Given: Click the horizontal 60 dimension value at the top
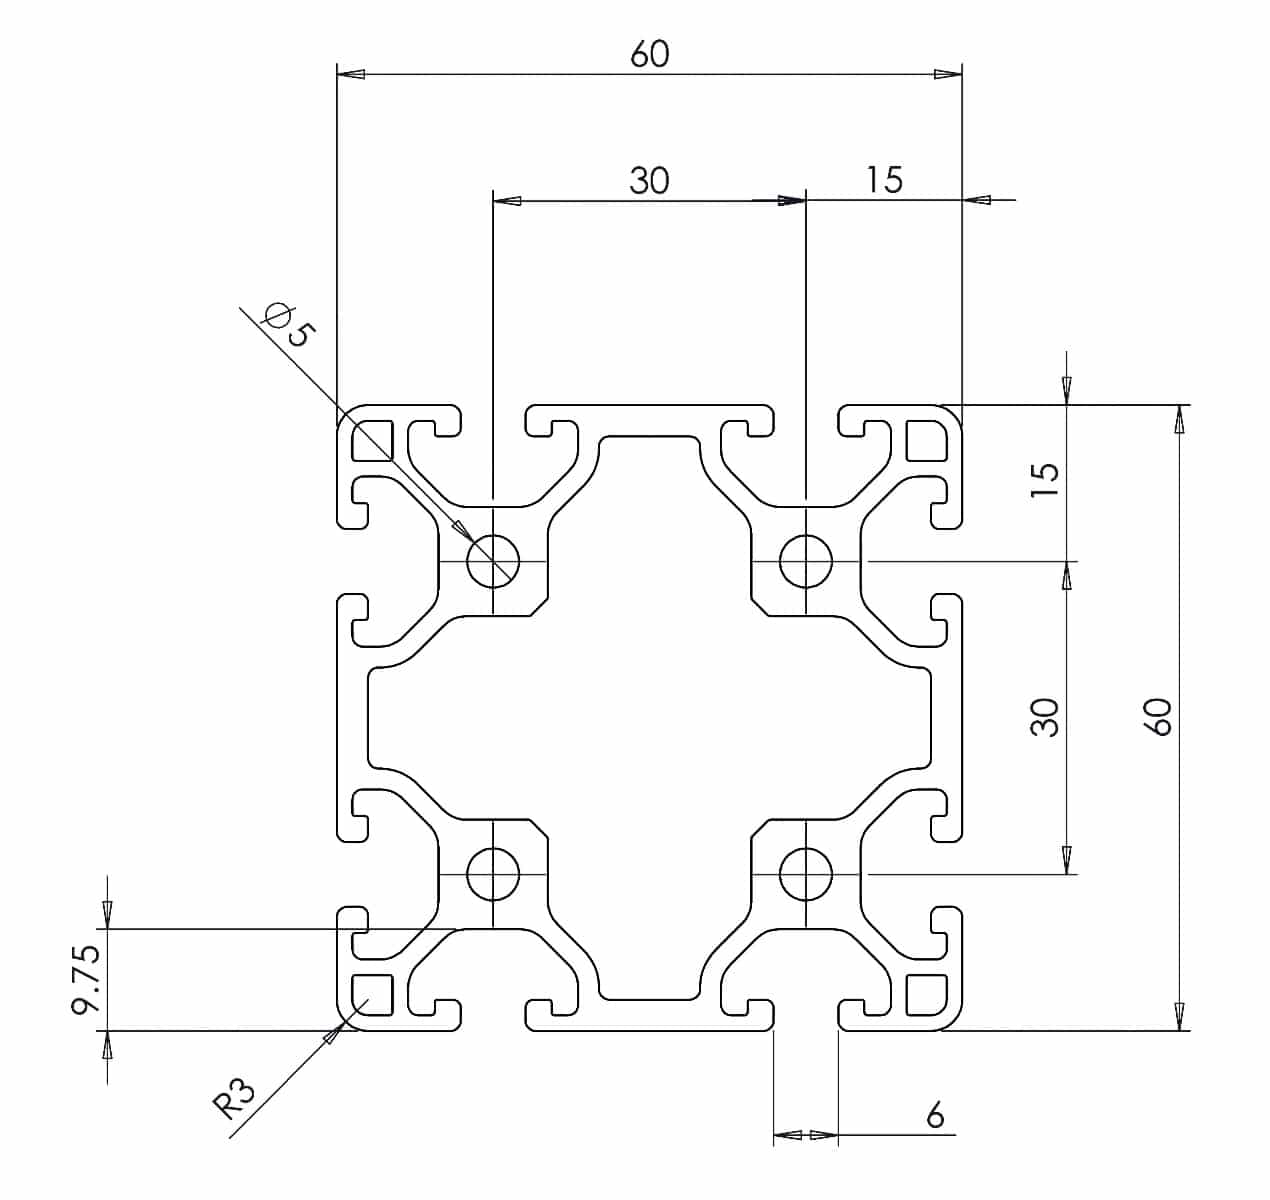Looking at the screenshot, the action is click(x=650, y=54).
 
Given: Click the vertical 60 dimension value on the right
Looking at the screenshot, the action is click(x=1160, y=717).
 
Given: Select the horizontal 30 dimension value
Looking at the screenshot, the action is click(x=649, y=180).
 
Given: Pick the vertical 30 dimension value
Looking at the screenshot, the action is click(x=1046, y=717).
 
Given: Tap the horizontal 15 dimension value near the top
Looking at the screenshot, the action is click(x=884, y=180).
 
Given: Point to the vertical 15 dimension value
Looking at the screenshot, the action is click(x=1046, y=480).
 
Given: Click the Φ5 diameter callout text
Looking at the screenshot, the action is click(x=290, y=325).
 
